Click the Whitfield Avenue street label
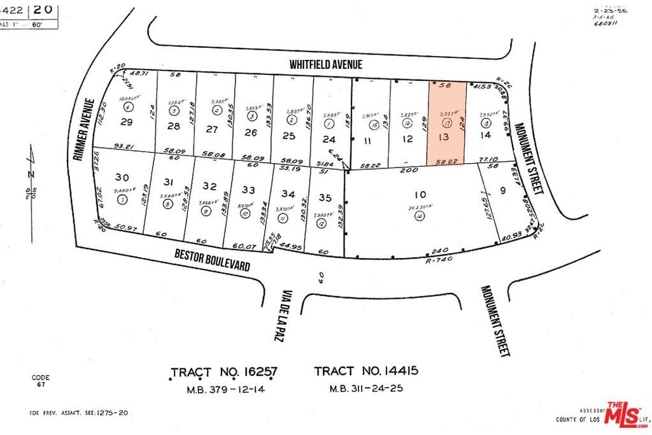325,64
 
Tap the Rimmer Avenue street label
84,130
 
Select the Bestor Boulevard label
212,260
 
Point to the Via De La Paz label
282,317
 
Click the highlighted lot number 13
444,137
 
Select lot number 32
209,186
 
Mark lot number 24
329,138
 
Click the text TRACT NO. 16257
225,372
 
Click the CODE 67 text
40,381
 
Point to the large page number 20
44,10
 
